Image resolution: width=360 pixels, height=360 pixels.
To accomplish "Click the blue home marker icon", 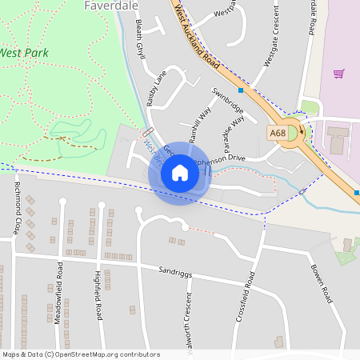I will [180, 172].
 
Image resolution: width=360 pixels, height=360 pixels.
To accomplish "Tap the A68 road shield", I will [278, 133].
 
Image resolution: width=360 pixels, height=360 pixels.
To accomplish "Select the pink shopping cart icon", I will [338, 74].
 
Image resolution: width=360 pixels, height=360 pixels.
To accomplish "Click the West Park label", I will [24, 53].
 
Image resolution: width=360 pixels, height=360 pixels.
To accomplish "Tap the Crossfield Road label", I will [245, 297].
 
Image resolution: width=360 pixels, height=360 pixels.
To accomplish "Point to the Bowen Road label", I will [321, 284].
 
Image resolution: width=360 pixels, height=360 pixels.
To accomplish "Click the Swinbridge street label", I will [227, 100].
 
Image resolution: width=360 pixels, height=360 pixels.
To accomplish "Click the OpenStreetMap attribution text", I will [81, 354].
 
